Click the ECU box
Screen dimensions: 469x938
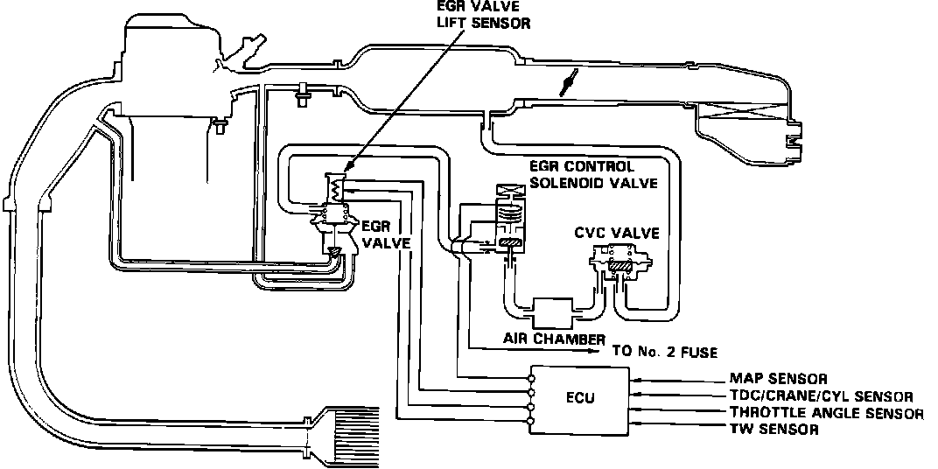tap(580, 400)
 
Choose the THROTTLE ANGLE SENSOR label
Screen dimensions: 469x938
tap(826, 413)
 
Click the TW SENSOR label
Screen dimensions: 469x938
tap(773, 430)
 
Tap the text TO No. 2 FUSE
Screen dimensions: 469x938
tap(664, 353)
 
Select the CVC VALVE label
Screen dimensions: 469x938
tap(617, 233)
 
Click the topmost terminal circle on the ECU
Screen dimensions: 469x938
tap(531, 379)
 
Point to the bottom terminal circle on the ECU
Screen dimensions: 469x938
tap(531, 423)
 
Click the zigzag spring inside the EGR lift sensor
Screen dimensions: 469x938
tap(336, 186)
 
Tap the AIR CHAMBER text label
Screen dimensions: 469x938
tap(554, 339)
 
